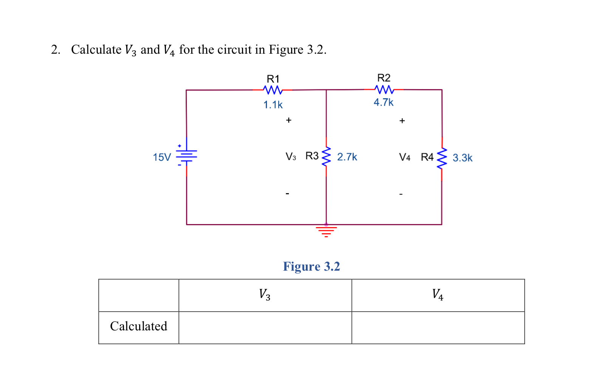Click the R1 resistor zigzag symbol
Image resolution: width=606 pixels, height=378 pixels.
273,90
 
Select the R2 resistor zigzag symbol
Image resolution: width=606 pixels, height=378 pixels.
384,90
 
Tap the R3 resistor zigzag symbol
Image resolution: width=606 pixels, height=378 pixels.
326,156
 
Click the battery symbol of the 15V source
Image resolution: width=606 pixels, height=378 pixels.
186,156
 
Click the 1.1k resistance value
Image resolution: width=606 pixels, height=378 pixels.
273,105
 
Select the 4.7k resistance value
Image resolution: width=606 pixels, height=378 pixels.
383,102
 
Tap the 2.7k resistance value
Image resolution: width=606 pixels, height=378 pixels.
347,157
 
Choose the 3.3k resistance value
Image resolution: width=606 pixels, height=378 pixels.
462,158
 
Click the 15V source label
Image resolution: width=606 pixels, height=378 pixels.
162,157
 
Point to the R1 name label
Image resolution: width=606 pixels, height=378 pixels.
273,79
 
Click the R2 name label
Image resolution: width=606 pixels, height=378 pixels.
384,78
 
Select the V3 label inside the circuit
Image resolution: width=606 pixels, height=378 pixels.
291,156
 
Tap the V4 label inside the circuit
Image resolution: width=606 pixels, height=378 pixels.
405,157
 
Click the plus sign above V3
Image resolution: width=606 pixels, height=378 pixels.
288,120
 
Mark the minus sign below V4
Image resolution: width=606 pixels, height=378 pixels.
401,194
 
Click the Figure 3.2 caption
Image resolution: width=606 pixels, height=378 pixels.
312,266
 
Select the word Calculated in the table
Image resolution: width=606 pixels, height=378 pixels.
138,326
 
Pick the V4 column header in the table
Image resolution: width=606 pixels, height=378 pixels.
437,294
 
